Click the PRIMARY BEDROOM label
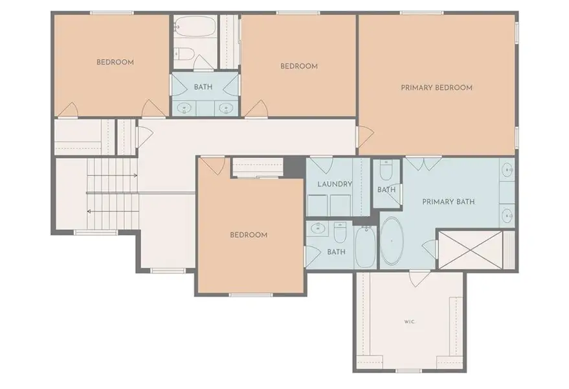pos(436,88)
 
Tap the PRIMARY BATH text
pos(448,202)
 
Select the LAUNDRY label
pos(335,184)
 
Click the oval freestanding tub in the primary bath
pos(391,241)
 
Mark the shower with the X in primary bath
pos(471,249)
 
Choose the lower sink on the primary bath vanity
pos(508,215)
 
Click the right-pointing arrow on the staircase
pos(135,175)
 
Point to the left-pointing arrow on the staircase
pos(89,211)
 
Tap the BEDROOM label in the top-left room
pos(115,62)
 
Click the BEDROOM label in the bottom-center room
pos(249,235)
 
